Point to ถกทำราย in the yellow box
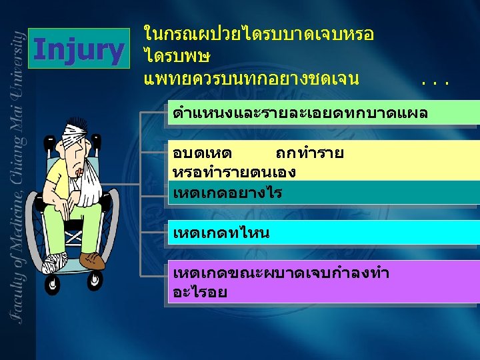[x=310, y=153]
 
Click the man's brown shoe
[x=91, y=259]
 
